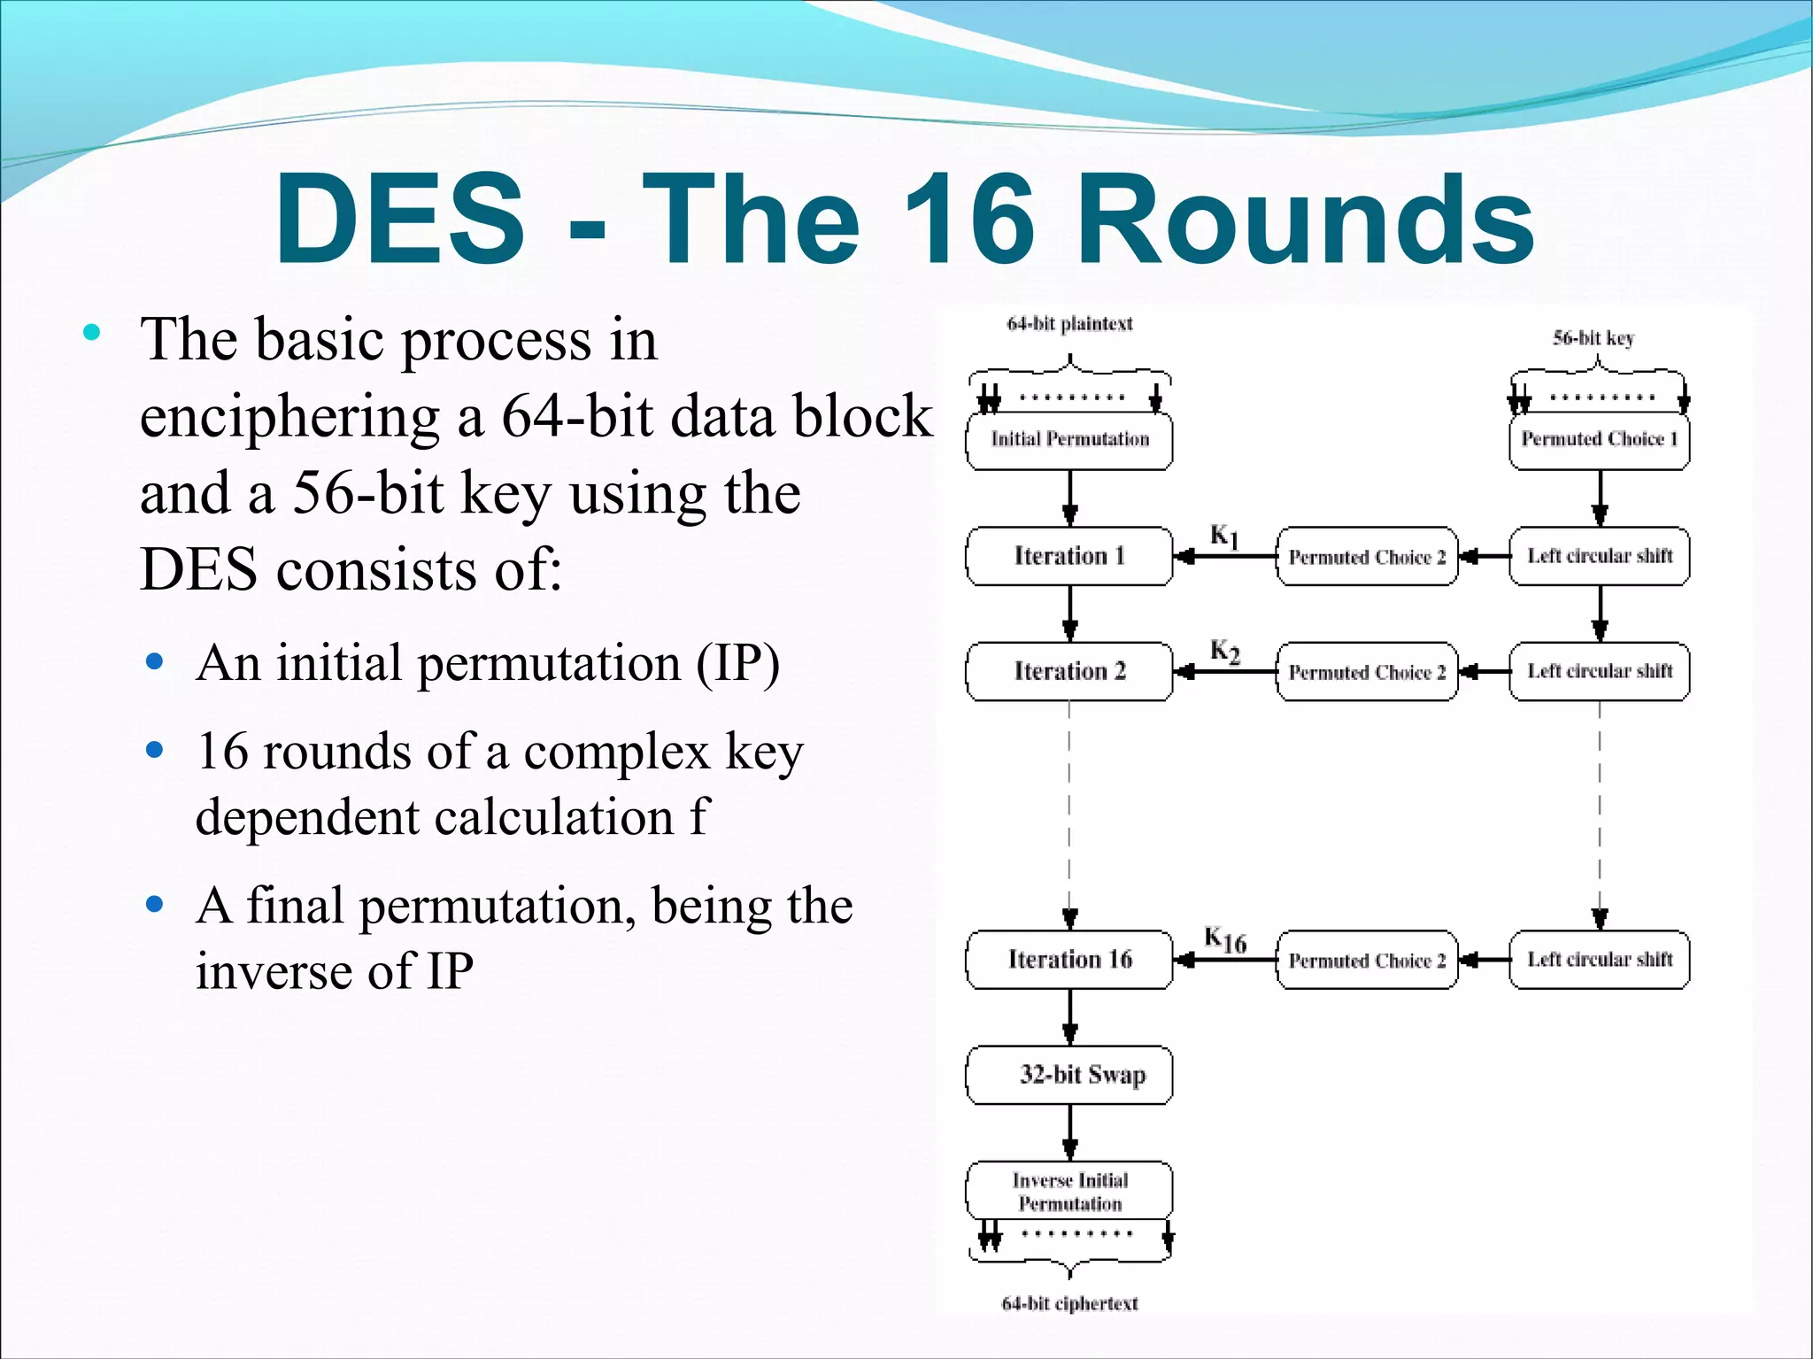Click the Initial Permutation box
(x=1069, y=439)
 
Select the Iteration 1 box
(x=1069, y=556)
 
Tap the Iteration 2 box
(x=1069, y=671)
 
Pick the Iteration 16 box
(x=1069, y=959)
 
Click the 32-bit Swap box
(x=1069, y=1075)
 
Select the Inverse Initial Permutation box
(x=1069, y=1191)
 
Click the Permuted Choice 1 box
(x=1599, y=439)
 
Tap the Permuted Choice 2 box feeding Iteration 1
(x=1367, y=556)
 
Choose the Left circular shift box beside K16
(x=1599, y=959)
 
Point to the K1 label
(x=1224, y=536)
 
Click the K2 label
(x=1225, y=652)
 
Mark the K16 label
(x=1225, y=940)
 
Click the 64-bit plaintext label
(x=1069, y=324)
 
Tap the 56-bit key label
(x=1593, y=337)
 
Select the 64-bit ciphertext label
(x=1069, y=1303)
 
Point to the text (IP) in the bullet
(x=737, y=663)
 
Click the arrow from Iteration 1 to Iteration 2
(x=1069, y=614)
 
